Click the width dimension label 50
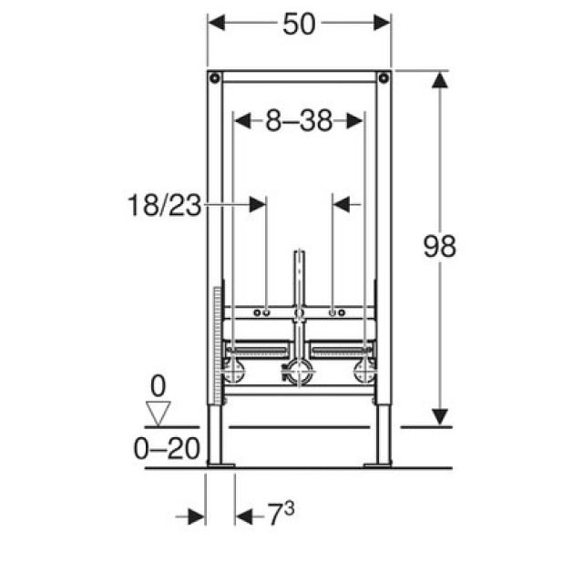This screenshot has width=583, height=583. point(299,25)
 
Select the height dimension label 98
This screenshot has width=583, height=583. point(440,246)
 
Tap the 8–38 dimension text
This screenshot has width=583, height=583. point(299,120)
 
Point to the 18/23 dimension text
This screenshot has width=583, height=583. point(164,205)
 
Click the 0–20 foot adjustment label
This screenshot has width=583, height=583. point(167,449)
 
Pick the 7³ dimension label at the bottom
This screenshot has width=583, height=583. point(281,514)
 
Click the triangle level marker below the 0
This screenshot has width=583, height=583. point(158,413)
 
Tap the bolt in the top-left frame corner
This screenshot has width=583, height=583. point(215,78)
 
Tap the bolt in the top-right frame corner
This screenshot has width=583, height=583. point(384,78)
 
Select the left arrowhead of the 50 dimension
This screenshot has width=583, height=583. point(217,23)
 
